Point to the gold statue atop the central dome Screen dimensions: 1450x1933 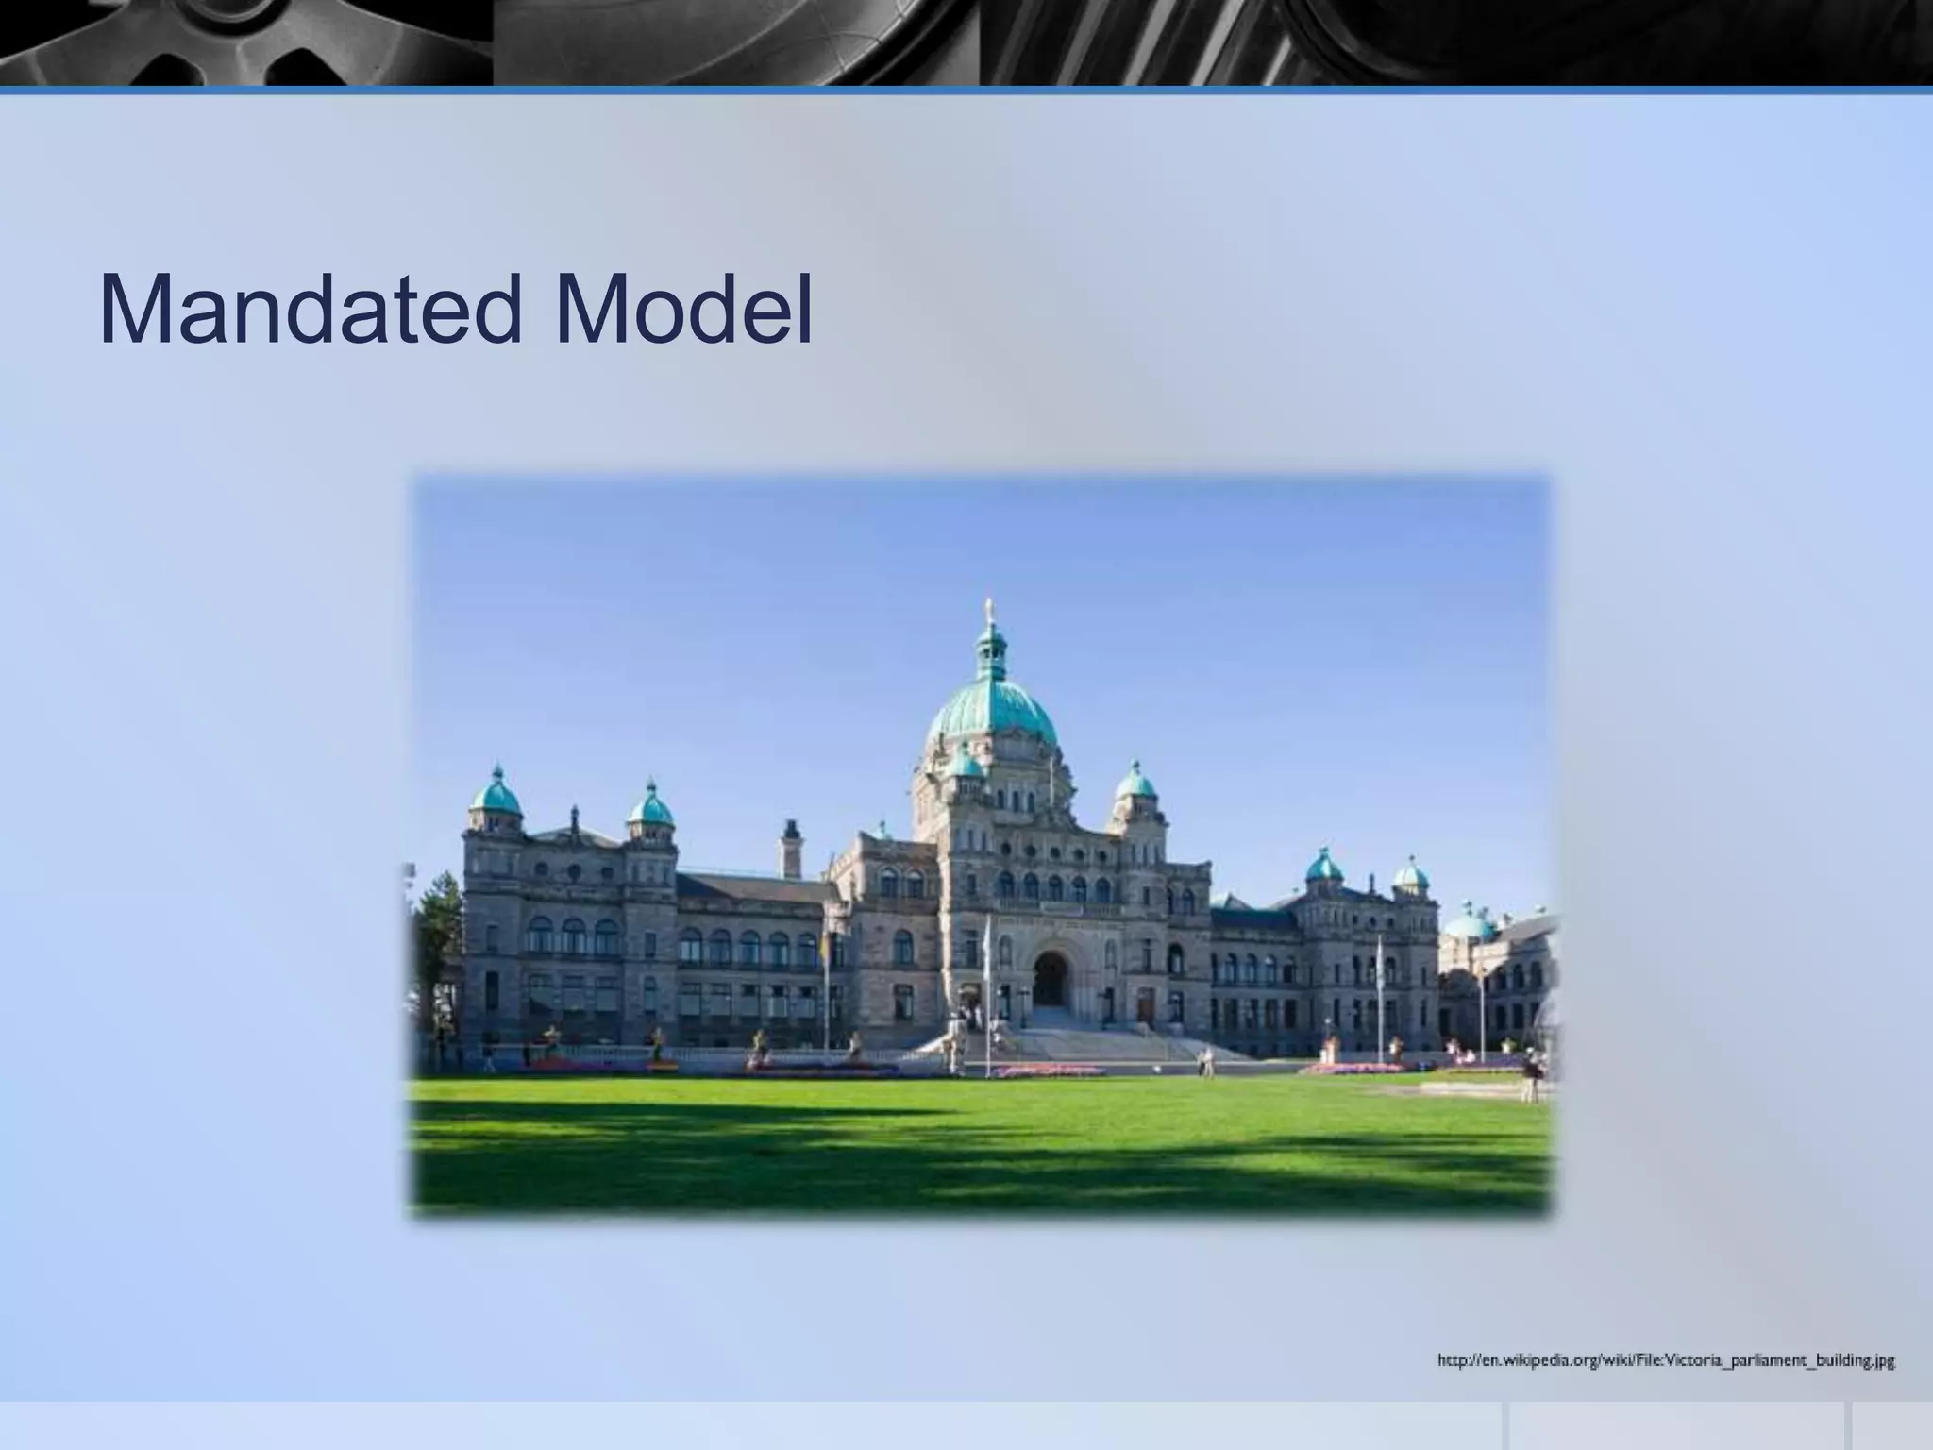click(990, 608)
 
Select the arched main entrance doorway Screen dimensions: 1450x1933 click(1049, 979)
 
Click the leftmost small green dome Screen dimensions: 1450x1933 click(496, 796)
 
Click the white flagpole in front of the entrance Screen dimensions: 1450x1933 click(986, 1001)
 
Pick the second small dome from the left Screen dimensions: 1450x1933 click(651, 808)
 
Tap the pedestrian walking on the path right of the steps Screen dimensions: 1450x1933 click(1206, 1061)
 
